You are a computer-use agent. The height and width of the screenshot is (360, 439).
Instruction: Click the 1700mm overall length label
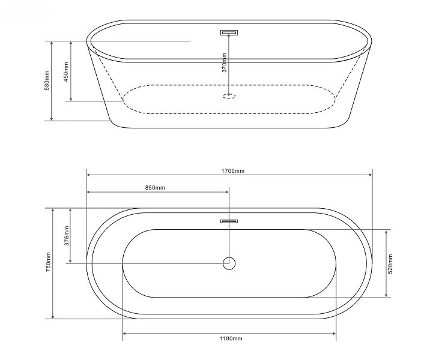(232, 170)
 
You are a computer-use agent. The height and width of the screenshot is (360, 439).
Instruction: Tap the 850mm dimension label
(155, 187)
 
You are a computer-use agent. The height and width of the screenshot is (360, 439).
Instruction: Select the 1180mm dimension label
(231, 338)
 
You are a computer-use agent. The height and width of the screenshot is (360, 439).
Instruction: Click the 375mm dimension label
(66, 236)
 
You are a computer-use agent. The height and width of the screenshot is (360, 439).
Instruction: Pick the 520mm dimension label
(390, 264)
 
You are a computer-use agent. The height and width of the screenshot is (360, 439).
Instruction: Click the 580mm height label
(47, 80)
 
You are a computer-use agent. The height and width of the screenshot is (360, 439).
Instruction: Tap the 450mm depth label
(66, 71)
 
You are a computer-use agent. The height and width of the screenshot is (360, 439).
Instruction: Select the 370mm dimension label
(224, 62)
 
